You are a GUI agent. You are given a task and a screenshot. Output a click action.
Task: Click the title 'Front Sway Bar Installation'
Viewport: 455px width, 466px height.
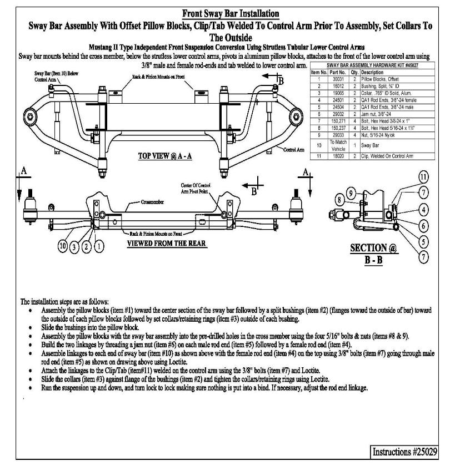pos(231,13)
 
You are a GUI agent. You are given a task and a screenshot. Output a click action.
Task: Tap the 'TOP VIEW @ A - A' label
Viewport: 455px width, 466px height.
pos(164,156)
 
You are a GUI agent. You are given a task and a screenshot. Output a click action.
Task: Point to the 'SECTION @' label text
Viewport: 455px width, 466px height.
pos(373,249)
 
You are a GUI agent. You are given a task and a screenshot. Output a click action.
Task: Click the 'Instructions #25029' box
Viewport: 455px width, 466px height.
pos(404,451)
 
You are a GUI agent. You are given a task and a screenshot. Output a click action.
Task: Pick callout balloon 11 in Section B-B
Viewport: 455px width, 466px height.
pos(423,178)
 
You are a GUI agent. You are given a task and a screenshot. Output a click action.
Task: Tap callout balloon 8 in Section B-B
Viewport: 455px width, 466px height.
pos(339,199)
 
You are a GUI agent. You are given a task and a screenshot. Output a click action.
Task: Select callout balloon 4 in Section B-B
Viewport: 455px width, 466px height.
pos(423,210)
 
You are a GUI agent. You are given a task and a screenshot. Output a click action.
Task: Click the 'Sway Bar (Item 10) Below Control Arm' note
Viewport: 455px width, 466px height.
pos(48,77)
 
